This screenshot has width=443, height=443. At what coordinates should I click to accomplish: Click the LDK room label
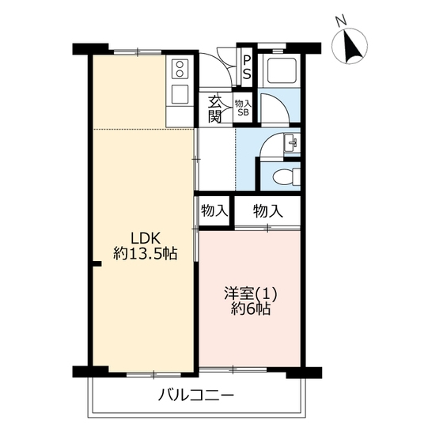coord(146,238)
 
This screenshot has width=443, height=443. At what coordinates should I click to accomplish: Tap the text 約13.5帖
coord(146,253)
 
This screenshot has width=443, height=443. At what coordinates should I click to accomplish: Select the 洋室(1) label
coord(250,293)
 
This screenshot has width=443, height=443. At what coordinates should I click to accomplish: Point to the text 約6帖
coord(251,309)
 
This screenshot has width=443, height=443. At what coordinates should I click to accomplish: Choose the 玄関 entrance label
coord(214,110)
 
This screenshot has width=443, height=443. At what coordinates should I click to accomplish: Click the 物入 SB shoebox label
coord(243,108)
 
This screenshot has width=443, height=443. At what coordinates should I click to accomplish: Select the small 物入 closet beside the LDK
coord(214,211)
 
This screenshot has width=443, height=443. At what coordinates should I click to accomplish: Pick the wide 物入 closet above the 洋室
coord(268,211)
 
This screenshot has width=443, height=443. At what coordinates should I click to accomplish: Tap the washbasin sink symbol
coord(292,142)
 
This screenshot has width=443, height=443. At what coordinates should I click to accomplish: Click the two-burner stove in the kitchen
coord(180,70)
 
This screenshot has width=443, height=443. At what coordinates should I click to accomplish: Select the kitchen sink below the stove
coord(180,94)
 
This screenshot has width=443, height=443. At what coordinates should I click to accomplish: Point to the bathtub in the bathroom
coord(279,70)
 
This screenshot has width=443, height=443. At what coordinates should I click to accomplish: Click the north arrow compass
coord(350,46)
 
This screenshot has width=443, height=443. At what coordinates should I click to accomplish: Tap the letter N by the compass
coord(342,21)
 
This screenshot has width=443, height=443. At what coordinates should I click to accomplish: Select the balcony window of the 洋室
coord(233,369)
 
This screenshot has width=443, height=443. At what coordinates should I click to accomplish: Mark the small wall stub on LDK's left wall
coord(97,264)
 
